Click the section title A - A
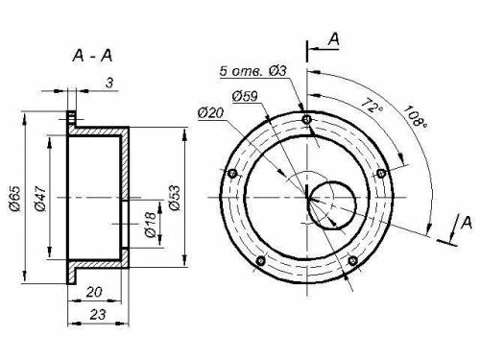coord(92,56)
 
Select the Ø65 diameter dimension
coord(15,198)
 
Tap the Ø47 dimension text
coord(40,198)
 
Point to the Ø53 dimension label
coord(175,198)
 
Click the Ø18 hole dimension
coord(151,224)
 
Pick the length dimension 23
coord(97,315)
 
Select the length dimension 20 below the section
coord(94,292)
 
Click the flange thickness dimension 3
coord(109,83)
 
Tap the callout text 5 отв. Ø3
coord(252,71)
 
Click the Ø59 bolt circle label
coord(245,96)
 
